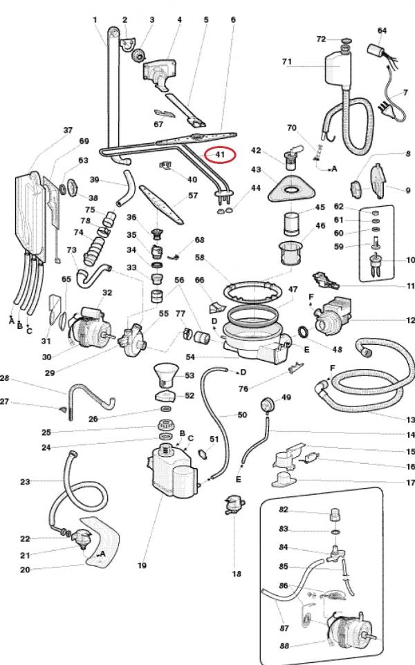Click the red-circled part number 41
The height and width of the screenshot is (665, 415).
pyautogui.click(x=220, y=154)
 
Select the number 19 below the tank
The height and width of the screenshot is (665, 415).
pyautogui.click(x=142, y=565)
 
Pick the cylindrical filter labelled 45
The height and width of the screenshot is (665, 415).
pyautogui.click(x=290, y=224)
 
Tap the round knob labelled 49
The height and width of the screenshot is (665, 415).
pyautogui.click(x=266, y=402)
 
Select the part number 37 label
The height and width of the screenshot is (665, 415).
pyautogui.click(x=68, y=130)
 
